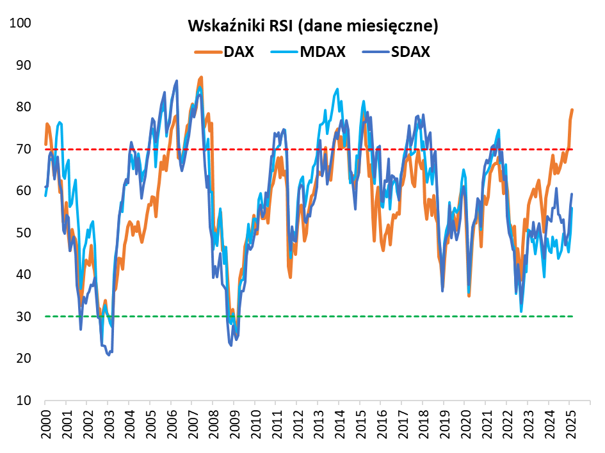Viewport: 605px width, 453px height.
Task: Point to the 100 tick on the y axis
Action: pos(22,23)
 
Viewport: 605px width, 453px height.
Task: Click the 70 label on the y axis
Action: pos(24,149)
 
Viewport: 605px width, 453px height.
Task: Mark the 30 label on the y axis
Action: pos(24,317)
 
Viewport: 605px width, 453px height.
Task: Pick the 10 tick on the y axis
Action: pos(24,401)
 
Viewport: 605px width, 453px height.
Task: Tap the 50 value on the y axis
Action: pos(24,233)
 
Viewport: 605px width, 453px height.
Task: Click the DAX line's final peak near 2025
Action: pos(572,110)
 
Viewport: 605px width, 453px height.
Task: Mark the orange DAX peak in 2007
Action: pos(201,77)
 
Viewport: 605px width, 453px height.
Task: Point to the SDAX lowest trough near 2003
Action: pos(109,354)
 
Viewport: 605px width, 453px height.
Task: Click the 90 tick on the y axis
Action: pos(24,65)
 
